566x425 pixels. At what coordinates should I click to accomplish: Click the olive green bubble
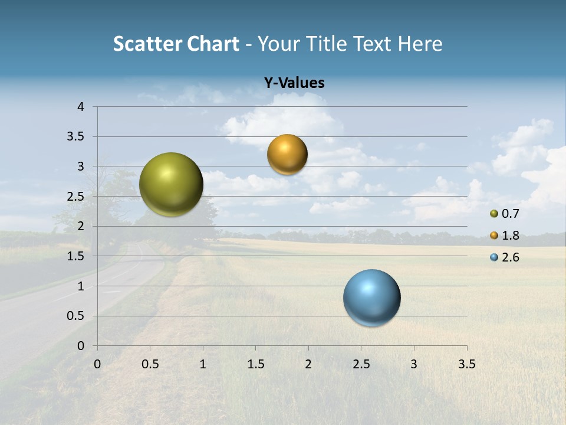tap(171, 184)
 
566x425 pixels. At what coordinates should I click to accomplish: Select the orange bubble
tap(287, 155)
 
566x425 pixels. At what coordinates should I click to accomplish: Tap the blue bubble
tap(371, 297)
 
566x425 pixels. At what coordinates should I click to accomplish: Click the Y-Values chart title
tap(294, 83)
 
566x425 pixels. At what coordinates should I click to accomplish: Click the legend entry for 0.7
tap(505, 214)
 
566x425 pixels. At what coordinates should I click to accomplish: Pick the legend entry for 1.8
tap(505, 236)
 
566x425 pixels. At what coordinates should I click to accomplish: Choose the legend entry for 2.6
tap(505, 257)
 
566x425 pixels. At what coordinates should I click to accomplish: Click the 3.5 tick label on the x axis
tap(466, 364)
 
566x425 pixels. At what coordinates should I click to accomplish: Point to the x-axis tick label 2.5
tap(361, 364)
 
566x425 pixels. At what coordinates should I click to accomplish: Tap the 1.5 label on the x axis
tap(255, 364)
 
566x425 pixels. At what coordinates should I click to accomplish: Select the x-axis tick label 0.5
tap(150, 364)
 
